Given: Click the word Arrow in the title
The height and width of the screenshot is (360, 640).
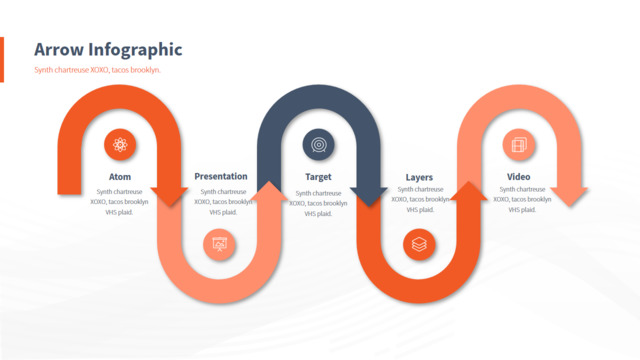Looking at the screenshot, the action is [x=58, y=50].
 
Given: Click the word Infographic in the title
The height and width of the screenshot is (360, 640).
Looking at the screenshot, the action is [x=135, y=51].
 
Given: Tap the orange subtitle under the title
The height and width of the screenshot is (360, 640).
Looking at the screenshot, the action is [x=97, y=70].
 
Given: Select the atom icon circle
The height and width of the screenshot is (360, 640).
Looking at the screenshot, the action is [x=120, y=145].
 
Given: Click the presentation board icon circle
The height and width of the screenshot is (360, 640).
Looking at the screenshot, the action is [x=219, y=244].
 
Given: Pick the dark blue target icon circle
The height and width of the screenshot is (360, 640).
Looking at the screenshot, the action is [x=318, y=145].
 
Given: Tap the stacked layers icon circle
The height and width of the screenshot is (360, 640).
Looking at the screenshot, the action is [x=419, y=244].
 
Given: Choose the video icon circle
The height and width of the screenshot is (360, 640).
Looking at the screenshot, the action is [x=518, y=145].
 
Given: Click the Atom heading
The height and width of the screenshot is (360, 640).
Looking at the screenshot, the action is [x=120, y=177].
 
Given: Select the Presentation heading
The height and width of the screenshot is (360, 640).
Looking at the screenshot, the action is [x=221, y=176].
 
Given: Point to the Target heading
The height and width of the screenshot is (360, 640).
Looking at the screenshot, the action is [x=318, y=177].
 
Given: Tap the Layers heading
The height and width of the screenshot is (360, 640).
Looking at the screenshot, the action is [x=419, y=178].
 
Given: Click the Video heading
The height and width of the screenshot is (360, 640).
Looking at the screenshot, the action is [x=518, y=177].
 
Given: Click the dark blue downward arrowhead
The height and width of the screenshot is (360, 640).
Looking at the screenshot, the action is [x=369, y=196].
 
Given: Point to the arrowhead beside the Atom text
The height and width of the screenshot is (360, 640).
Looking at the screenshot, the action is [x=169, y=196].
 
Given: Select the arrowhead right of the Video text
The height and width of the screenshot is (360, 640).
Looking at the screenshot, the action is [x=569, y=196].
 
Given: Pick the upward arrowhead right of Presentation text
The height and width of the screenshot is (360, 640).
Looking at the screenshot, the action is [x=269, y=192].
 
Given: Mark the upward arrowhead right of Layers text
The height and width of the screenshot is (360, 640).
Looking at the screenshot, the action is [x=469, y=192].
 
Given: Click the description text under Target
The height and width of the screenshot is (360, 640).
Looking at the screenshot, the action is [x=318, y=203].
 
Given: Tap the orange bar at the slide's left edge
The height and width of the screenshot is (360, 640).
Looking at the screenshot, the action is [x=2, y=60].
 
